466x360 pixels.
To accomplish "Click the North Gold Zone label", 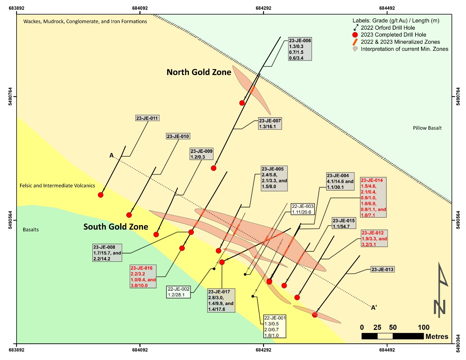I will tap(199, 72).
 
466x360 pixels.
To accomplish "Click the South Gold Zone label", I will tap(116, 227).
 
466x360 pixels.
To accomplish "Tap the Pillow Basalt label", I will tap(427, 128).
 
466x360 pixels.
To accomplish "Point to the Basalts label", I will tap(31, 230).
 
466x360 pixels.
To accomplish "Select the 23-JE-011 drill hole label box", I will tap(147, 118).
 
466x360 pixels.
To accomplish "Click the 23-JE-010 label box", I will tap(178, 136).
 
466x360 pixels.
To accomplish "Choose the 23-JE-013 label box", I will tap(382, 269).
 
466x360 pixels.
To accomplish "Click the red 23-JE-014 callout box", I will tap(373, 197).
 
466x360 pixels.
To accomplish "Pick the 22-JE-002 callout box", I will tap(179, 292).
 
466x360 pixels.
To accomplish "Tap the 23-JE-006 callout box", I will tap(300, 49).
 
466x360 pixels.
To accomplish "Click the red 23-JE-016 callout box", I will tap(143, 277).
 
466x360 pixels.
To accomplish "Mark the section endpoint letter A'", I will tap(374, 307).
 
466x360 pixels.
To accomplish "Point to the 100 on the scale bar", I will tap(423, 327).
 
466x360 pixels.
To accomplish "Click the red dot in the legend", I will tap(355, 35).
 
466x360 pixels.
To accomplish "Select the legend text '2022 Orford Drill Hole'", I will tap(388, 28).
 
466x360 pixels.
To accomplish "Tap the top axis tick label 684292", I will tap(264, 8).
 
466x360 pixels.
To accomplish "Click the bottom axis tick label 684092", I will tap(140, 350).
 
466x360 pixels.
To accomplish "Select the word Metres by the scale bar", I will tap(437, 336).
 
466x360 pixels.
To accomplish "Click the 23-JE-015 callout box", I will tap(344, 223).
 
